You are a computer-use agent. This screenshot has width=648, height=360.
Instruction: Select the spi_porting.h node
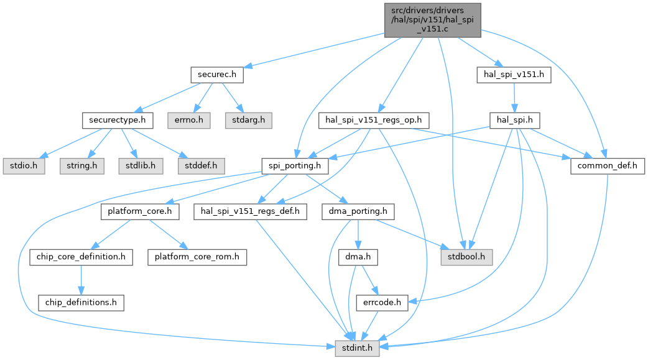pos(295,166)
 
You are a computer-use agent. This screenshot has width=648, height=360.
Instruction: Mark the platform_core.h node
pos(141,211)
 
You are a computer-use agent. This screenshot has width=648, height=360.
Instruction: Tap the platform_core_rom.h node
pos(197,257)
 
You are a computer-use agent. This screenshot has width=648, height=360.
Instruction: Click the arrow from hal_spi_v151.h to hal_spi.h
pos(514,98)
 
